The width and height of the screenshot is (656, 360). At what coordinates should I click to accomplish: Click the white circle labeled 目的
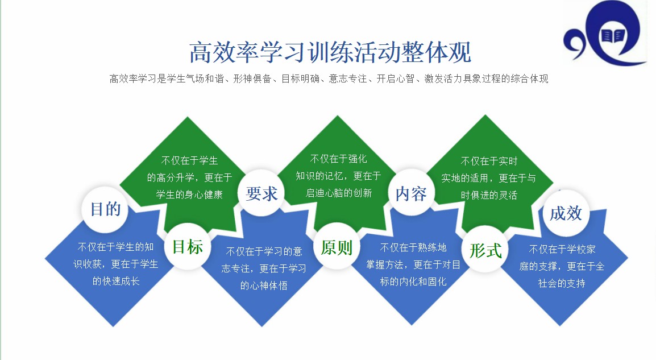[105, 209]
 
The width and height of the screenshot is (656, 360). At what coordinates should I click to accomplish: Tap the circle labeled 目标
[188, 247]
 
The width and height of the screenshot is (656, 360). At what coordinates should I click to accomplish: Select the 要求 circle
[261, 193]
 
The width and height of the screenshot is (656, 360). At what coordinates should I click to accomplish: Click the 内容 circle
[411, 193]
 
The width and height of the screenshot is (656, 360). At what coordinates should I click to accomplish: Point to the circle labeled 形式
[485, 250]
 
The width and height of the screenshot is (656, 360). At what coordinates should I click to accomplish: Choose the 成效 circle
[566, 213]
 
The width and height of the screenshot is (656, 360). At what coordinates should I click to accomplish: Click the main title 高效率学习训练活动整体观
[330, 52]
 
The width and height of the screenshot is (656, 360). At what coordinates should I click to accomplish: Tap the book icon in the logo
[612, 36]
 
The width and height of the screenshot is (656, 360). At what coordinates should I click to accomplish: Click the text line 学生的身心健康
[189, 195]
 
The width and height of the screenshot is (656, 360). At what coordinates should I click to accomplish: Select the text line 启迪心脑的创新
[339, 193]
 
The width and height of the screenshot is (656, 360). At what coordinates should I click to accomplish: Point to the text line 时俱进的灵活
[489, 195]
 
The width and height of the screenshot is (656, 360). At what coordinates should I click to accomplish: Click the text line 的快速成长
[116, 281]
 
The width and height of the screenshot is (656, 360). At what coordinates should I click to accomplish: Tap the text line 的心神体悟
[264, 285]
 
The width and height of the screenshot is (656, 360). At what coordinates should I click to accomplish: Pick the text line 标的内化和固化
[413, 282]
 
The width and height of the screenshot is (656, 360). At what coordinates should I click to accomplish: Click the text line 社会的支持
[562, 283]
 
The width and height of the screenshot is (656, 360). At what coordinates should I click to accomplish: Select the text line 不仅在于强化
[338, 159]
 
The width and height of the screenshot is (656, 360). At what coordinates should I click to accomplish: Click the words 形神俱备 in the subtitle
[253, 78]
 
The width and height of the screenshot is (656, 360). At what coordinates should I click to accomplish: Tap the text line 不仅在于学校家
[562, 250]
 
